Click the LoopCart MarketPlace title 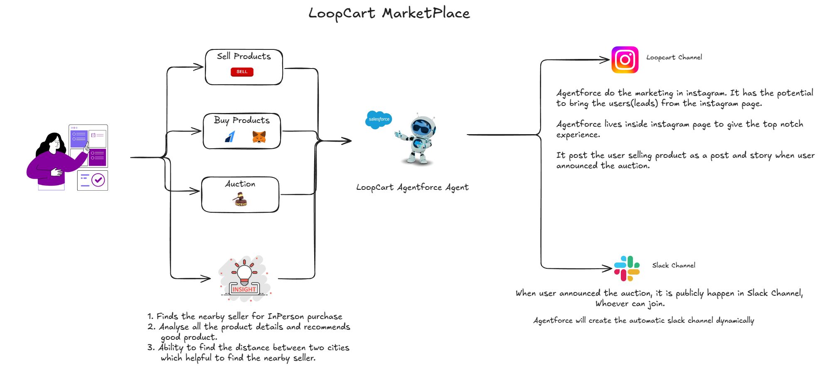click(x=389, y=13)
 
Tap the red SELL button click(x=242, y=72)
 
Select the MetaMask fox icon click(x=259, y=137)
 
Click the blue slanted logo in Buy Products click(x=230, y=137)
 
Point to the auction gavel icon click(x=240, y=200)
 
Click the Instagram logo click(x=625, y=60)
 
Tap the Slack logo click(x=627, y=268)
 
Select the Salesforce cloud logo click(x=379, y=119)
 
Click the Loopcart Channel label click(x=674, y=57)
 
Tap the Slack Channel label click(x=673, y=265)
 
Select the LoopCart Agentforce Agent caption click(x=412, y=188)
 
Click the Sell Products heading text click(x=244, y=56)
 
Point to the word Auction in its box click(x=240, y=184)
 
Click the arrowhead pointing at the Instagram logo click(x=605, y=60)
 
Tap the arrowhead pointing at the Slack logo click(x=608, y=268)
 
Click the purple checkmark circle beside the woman click(x=98, y=180)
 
